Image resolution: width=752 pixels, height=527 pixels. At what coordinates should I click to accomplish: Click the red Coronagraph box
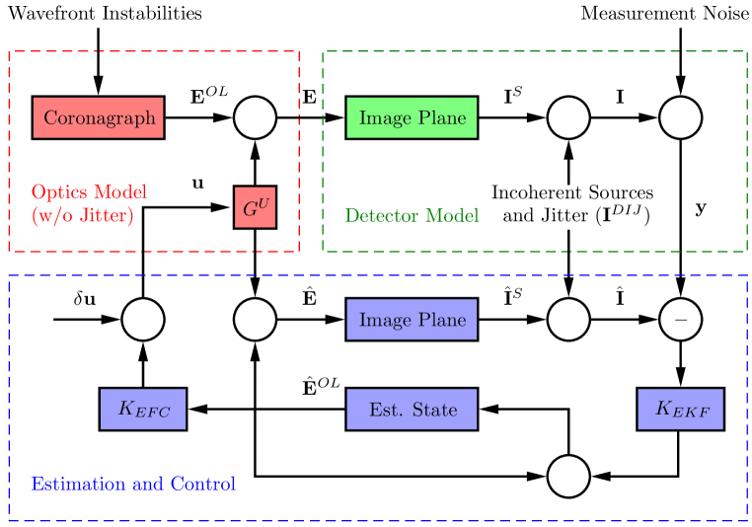(99, 117)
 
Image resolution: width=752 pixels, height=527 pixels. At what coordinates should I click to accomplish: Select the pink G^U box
(255, 207)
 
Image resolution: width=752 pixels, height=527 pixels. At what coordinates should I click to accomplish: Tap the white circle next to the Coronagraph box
(255, 117)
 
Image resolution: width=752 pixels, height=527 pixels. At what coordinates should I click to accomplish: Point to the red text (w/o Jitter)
(82, 215)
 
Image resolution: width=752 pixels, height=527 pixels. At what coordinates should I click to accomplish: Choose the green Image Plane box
(412, 117)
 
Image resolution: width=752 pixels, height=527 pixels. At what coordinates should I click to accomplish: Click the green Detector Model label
(412, 215)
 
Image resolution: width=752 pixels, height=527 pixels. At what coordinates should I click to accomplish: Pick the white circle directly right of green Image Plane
(568, 117)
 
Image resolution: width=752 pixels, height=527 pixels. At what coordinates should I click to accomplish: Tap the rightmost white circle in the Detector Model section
(680, 117)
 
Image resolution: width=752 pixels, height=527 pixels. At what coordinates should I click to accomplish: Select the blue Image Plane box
(412, 320)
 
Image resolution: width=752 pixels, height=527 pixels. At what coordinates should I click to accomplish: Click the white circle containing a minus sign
(680, 320)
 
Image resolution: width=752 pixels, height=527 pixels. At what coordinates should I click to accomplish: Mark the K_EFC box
(143, 409)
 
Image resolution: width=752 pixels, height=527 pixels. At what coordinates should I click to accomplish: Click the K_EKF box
(680, 409)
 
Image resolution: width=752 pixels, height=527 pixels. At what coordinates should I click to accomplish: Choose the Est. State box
(412, 409)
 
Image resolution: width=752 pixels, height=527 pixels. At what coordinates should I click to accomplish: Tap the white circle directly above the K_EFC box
(143, 320)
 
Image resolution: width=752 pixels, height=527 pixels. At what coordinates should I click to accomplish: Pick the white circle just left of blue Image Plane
(255, 320)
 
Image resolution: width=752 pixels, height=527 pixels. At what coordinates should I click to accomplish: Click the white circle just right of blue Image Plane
(568, 320)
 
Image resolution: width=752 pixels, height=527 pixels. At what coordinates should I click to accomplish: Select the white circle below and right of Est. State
(568, 476)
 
